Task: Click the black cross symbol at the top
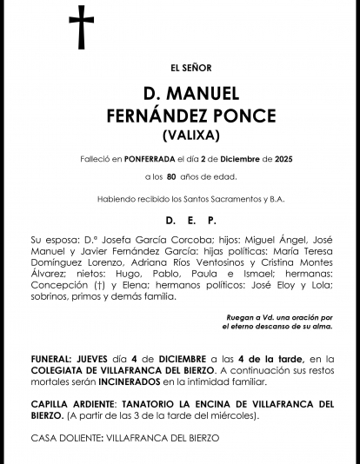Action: [x=81, y=28]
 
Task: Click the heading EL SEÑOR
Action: [x=180, y=68]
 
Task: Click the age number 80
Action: [x=171, y=178]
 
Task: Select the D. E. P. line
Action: [x=180, y=222]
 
